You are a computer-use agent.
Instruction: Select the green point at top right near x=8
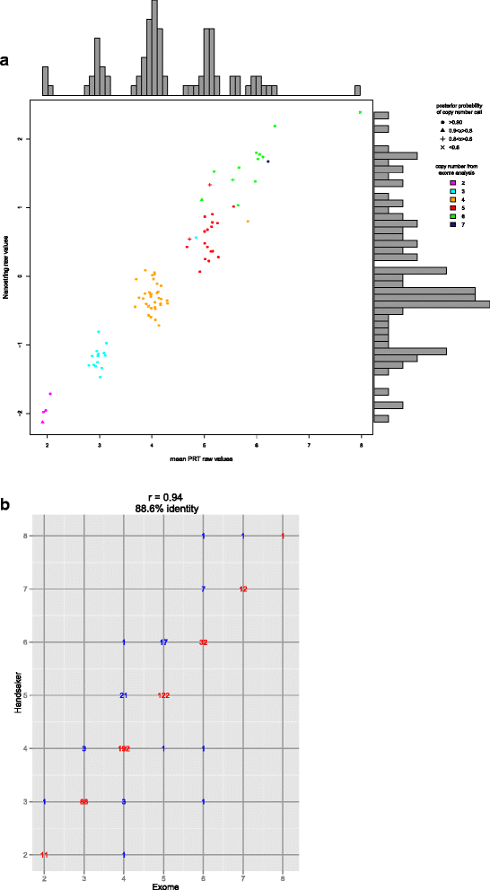(x=360, y=112)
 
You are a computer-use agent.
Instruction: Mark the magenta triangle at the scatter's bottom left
(x=42, y=421)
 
